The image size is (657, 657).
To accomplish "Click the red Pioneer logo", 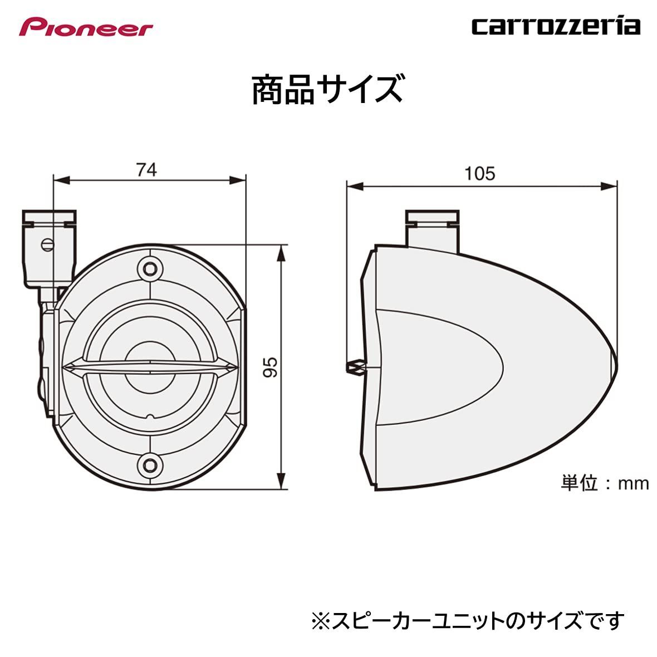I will (x=86, y=27).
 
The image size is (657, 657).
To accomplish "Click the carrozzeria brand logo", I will (x=556, y=26).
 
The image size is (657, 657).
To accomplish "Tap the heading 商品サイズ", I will (x=327, y=90).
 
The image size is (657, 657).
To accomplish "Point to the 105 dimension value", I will (x=479, y=174).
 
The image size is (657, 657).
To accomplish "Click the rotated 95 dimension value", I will (x=271, y=367).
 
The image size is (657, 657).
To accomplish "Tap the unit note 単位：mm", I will (x=605, y=483).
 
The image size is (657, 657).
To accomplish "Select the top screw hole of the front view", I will (x=149, y=269).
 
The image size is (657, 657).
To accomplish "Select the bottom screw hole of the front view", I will (x=149, y=462).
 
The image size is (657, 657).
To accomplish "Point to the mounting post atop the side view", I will (x=433, y=228).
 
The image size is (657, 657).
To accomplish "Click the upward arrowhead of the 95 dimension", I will (x=283, y=252).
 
